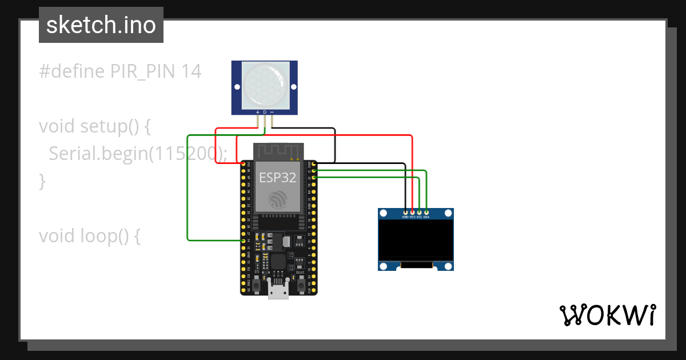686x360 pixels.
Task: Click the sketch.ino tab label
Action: click(x=101, y=25)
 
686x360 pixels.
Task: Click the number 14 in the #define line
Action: click(x=191, y=71)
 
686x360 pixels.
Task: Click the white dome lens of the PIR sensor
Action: click(x=264, y=86)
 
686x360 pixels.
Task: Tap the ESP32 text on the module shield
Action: click(x=278, y=177)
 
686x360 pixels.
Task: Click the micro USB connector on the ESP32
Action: click(x=278, y=291)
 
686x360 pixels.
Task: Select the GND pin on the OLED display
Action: click(x=405, y=213)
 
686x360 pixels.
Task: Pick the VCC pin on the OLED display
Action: click(x=412, y=213)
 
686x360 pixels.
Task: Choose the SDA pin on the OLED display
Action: click(x=426, y=213)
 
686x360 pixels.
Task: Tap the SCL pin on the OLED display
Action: click(x=419, y=213)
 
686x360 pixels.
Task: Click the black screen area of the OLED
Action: click(x=416, y=240)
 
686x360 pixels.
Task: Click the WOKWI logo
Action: click(x=607, y=314)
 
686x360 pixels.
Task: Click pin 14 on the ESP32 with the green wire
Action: click(x=244, y=241)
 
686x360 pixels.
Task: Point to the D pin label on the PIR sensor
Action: click(x=265, y=112)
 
